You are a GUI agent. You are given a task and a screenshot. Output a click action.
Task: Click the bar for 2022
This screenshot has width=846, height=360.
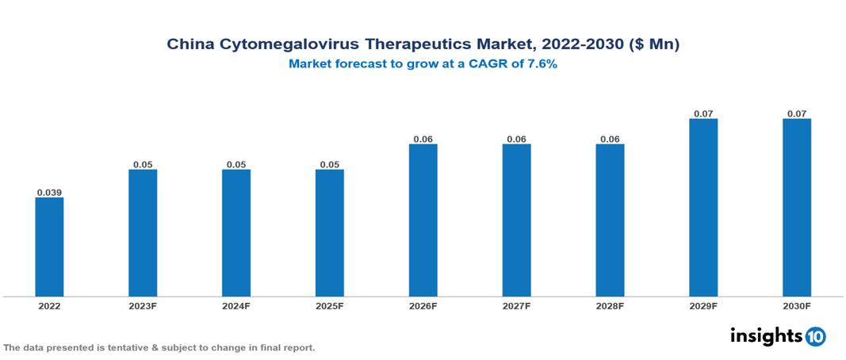[49, 247]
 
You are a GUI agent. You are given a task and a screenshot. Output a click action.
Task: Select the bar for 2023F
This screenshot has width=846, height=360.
[143, 233]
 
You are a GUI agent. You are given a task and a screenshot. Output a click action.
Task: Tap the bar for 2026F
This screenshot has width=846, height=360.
[423, 220]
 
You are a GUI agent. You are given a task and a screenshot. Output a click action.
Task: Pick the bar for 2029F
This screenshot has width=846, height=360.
[703, 208]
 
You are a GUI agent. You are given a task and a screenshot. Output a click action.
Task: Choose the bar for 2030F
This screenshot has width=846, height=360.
[797, 208]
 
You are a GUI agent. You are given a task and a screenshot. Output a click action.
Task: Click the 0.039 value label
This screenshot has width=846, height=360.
[49, 193]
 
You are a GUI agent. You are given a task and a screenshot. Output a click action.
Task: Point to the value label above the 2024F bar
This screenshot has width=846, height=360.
[236, 164]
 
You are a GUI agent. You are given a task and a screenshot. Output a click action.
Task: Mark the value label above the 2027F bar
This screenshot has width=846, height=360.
[516, 139]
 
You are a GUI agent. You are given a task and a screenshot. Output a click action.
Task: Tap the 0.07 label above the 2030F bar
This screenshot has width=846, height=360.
[797, 113]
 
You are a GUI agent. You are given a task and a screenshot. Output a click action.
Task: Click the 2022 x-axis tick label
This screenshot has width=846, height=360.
[49, 306]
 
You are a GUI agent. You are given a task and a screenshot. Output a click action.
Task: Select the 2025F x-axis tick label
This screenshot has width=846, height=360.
[330, 306]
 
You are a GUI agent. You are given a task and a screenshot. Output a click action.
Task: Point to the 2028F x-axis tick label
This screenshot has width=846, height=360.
[610, 306]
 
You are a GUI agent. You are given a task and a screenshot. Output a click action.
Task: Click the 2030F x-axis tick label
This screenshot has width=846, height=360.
[797, 306]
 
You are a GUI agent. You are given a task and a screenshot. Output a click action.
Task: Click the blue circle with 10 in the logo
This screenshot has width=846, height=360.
[815, 336]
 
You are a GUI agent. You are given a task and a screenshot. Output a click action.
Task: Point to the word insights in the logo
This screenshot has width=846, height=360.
[766, 335]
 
